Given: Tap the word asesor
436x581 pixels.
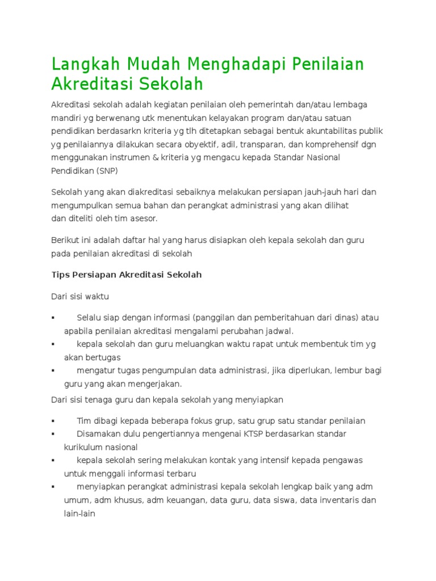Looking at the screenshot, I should tap(144, 218).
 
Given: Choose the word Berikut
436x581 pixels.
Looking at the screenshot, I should tap(65, 240).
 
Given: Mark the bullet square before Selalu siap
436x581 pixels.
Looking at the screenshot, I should tap(53, 318).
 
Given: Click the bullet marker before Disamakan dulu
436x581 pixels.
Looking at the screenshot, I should tap(53, 434).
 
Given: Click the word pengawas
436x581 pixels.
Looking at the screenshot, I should tap(342, 460).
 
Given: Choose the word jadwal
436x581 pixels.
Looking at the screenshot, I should tap(280, 331).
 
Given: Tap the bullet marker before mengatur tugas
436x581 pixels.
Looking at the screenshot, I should tap(53, 371).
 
